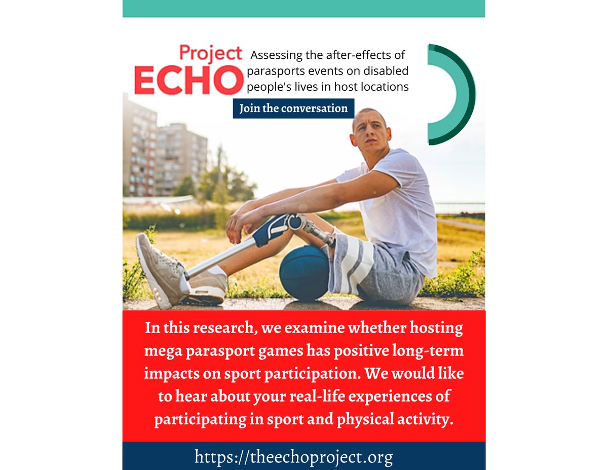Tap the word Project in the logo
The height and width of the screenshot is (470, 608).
click(210, 52)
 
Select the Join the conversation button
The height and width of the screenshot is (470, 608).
click(293, 109)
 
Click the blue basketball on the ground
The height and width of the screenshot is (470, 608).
click(303, 273)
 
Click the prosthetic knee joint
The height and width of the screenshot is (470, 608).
click(296, 222)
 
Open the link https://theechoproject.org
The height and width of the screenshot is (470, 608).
click(293, 457)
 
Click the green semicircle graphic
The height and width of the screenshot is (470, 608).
click(454, 94)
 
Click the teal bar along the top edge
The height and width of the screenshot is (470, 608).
click(303, 8)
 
